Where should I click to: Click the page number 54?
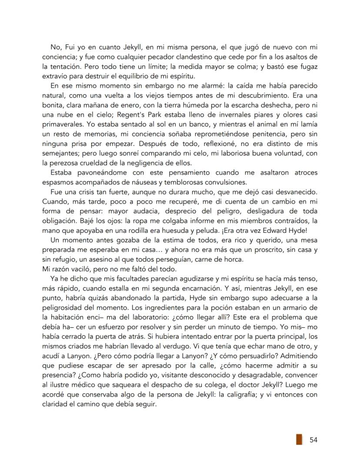point(313,440)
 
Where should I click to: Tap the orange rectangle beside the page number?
point(299,439)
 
